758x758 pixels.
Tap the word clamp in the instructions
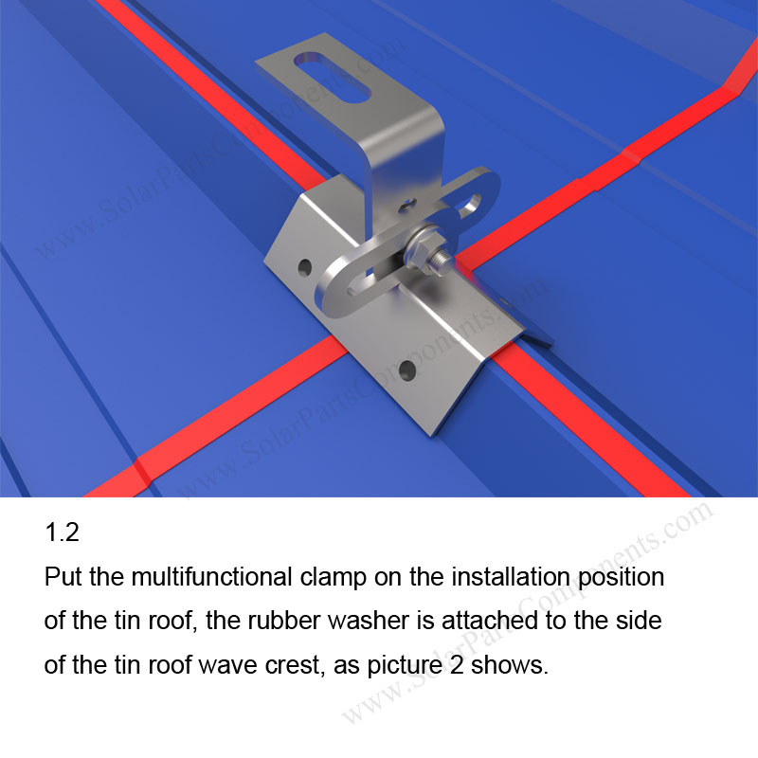(315, 578)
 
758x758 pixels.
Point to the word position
(618, 578)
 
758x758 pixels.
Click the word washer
(362, 622)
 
